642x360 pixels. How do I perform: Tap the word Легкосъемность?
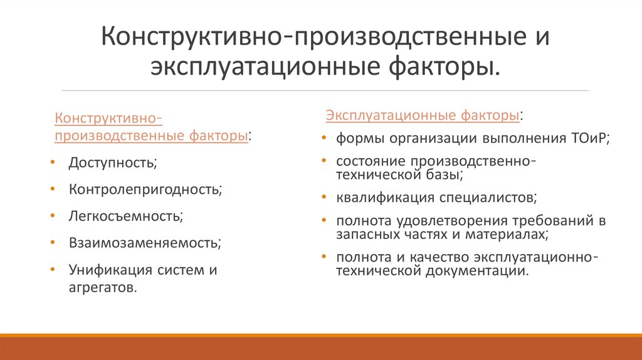(125, 216)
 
